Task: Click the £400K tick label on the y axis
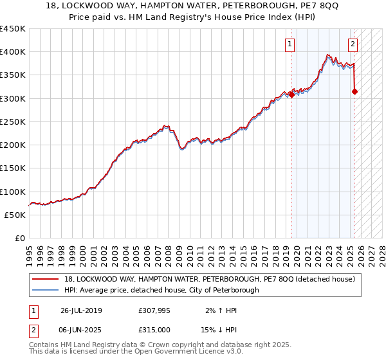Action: point(13,52)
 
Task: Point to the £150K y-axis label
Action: point(13,168)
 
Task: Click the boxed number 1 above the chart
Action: point(290,44)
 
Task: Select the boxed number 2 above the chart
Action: point(353,44)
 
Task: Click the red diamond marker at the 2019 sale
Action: point(291,94)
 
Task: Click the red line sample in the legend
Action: point(46,278)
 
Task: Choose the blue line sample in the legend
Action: point(46,290)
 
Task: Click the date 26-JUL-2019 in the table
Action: point(81,310)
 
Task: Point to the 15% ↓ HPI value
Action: point(218,328)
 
